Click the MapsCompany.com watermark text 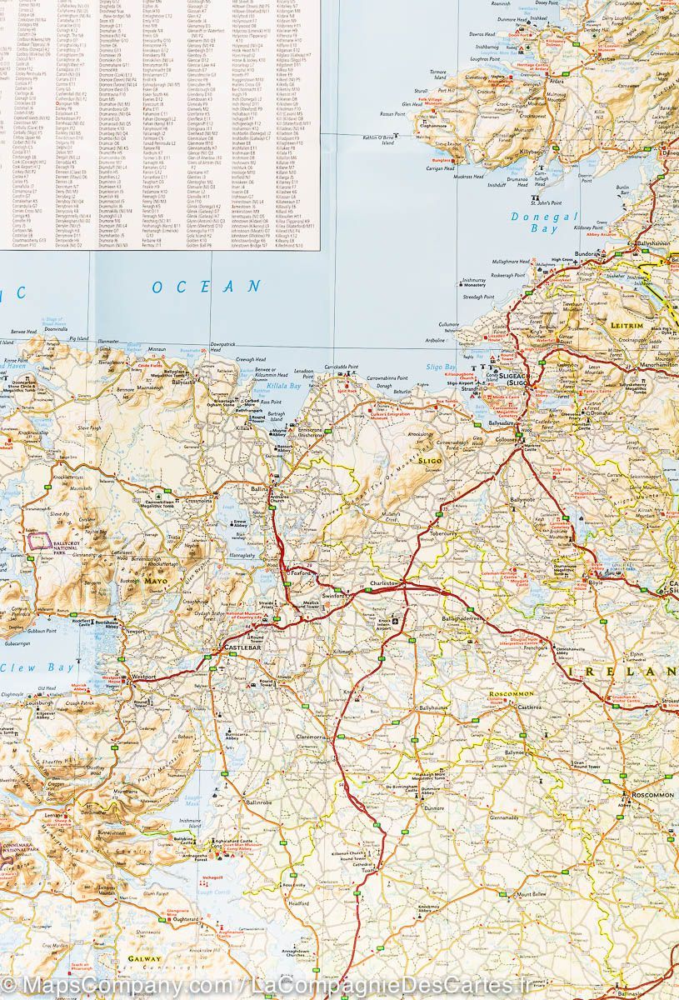click(108, 987)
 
